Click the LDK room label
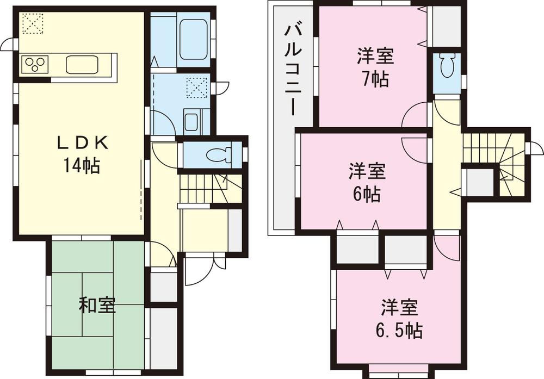pyautogui.click(x=84, y=143)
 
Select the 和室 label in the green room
pyautogui.click(x=97, y=306)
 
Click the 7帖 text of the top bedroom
pyautogui.click(x=375, y=79)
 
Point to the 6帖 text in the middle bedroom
pyautogui.click(x=367, y=194)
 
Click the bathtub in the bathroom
pyautogui.click(x=194, y=40)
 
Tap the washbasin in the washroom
pyautogui.click(x=191, y=121)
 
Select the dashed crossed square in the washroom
pyautogui.click(x=196, y=88)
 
